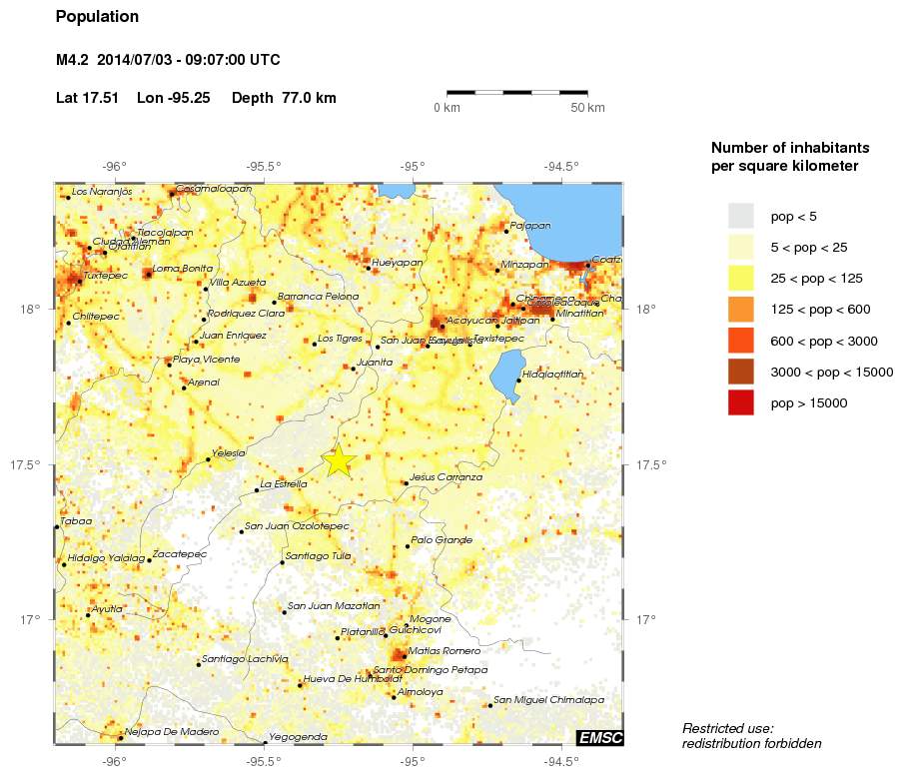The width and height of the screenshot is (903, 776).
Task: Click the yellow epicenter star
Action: click(x=339, y=460)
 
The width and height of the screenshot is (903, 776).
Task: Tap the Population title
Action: click(x=98, y=17)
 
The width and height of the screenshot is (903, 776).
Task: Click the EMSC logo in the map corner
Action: click(x=599, y=738)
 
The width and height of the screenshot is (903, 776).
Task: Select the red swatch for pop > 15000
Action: click(x=740, y=403)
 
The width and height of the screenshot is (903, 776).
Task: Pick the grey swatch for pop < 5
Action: click(x=740, y=216)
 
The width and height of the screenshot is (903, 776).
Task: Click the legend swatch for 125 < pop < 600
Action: click(x=740, y=310)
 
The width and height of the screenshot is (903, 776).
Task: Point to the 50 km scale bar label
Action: click(x=588, y=108)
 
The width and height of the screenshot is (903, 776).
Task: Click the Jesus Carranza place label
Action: click(x=446, y=477)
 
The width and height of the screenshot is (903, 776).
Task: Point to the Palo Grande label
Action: click(x=442, y=540)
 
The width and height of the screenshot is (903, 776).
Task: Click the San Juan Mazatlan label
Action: click(x=334, y=606)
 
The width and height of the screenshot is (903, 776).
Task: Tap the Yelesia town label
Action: click(x=229, y=453)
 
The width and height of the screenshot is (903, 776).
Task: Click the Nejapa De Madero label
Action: click(x=172, y=732)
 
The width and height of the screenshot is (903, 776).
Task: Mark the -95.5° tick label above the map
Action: click(x=265, y=167)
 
